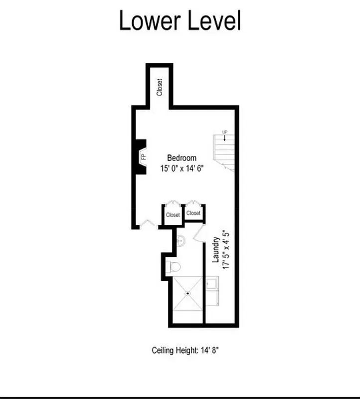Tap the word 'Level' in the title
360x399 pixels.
(x=214, y=21)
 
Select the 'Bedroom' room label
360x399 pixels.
(x=181, y=158)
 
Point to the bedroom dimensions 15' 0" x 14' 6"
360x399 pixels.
(x=182, y=169)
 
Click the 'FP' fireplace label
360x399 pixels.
(x=144, y=157)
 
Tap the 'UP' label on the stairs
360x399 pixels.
(x=225, y=132)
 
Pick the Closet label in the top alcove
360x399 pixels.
(x=160, y=87)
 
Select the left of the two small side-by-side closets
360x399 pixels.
(x=173, y=215)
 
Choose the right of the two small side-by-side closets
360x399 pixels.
(x=193, y=213)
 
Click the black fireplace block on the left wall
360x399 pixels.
(x=140, y=157)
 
